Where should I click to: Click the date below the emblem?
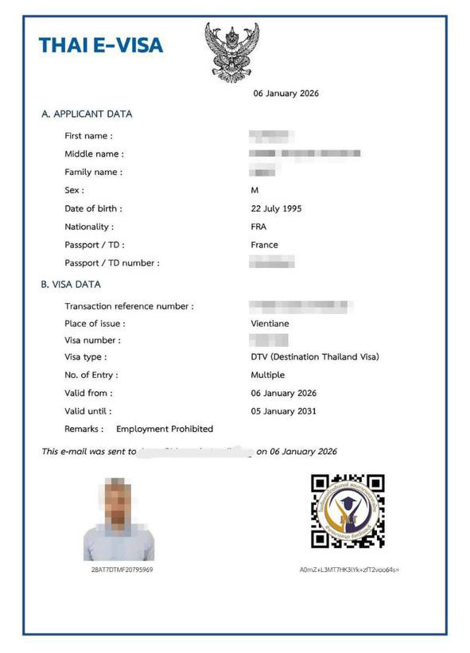(286, 93)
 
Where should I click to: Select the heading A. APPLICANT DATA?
(87, 114)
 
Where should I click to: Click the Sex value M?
(254, 190)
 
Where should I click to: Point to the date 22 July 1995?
(276, 208)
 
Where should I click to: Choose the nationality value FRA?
(258, 227)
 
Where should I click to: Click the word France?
(264, 245)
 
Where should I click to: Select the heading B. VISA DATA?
(71, 284)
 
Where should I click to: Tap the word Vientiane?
(269, 324)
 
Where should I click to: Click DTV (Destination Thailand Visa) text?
(315, 357)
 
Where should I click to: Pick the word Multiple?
(267, 375)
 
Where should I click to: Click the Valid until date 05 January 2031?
(283, 411)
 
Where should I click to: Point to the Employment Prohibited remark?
(165, 429)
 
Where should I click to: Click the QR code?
(348, 511)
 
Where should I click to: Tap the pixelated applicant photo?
(118, 519)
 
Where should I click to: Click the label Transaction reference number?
(129, 306)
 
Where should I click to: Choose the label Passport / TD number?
(112, 262)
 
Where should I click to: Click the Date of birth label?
(93, 208)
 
